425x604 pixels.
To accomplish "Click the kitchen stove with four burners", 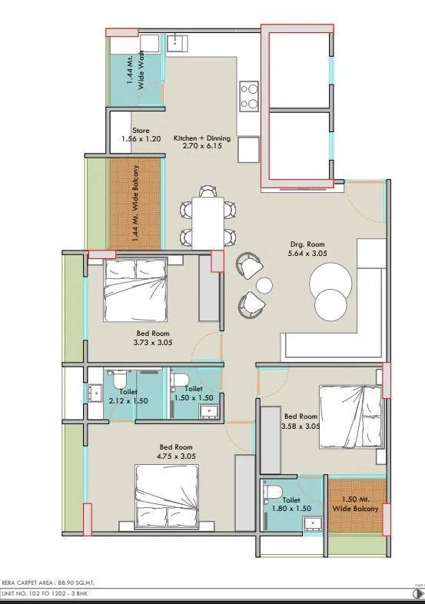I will [x=249, y=96].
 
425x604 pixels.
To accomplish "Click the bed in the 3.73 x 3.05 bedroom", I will [x=135, y=289].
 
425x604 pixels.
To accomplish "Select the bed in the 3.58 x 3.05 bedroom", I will [x=350, y=416].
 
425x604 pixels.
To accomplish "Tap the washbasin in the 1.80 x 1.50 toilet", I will [x=310, y=524].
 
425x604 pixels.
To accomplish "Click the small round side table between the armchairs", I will [x=264, y=285].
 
